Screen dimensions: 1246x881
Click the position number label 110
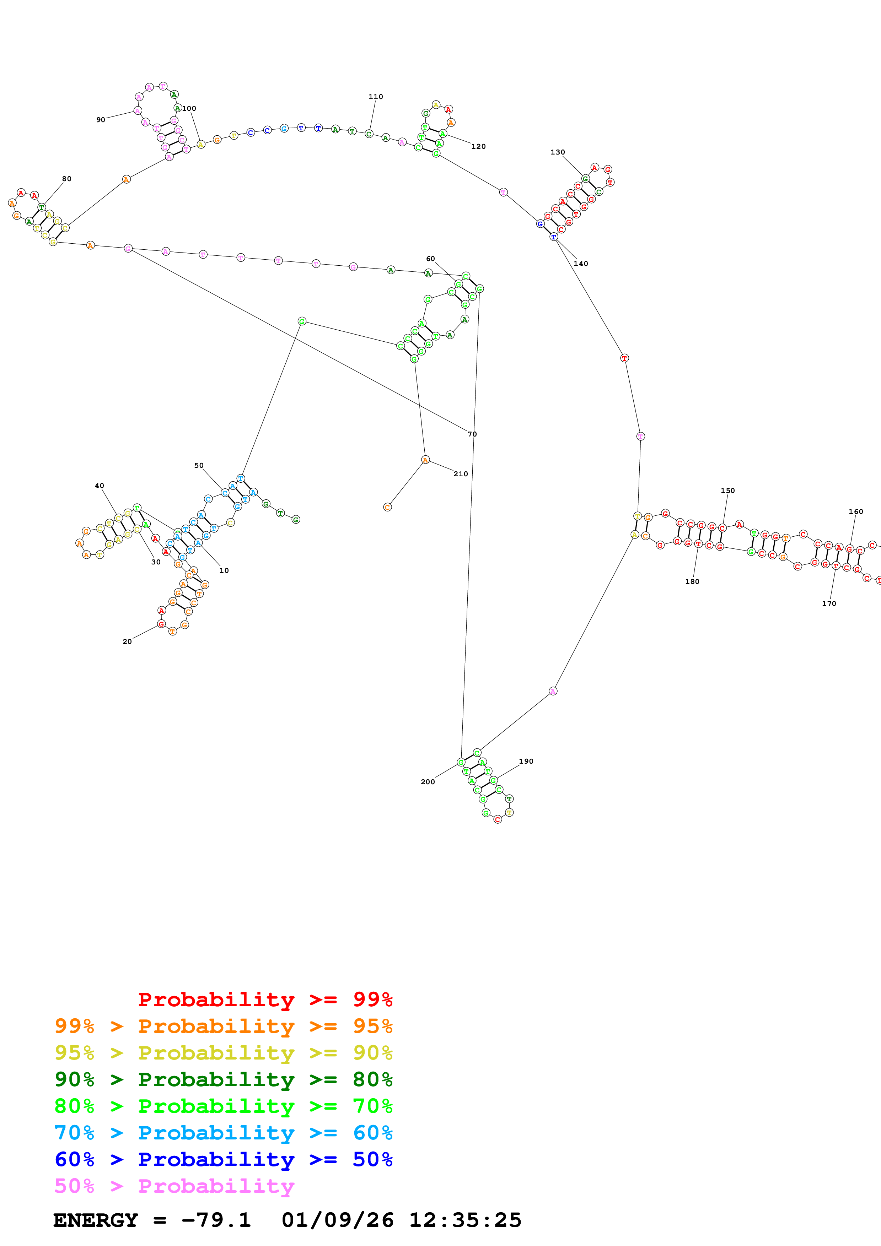click(376, 97)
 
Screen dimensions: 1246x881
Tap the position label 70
click(472, 434)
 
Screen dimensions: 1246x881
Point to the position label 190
click(526, 762)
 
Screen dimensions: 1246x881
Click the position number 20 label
click(127, 641)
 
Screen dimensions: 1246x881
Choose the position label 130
click(558, 152)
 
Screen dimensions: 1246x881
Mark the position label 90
click(101, 120)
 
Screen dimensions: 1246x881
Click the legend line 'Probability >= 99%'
click(265, 999)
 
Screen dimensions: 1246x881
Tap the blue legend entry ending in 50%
click(224, 1159)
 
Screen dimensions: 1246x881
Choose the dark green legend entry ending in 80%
click(224, 1079)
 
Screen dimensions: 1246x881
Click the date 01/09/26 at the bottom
click(338, 1220)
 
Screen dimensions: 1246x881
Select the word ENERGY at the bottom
click(96, 1220)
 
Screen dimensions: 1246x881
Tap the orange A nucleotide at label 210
click(425, 460)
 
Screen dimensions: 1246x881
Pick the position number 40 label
click(100, 486)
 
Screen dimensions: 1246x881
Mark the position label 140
click(581, 264)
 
